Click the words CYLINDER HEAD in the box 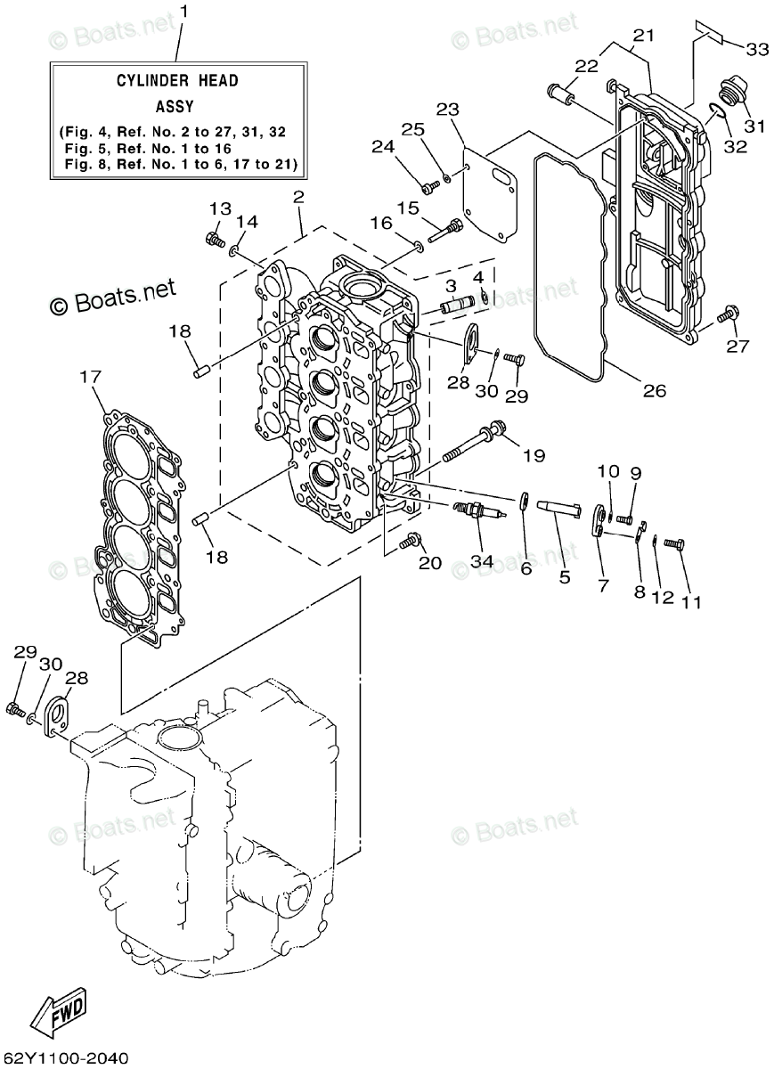pyautogui.click(x=177, y=81)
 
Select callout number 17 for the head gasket pyautogui.click(x=90, y=377)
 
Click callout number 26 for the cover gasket pyautogui.click(x=655, y=391)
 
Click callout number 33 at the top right pyautogui.click(x=756, y=49)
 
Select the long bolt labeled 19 pyautogui.click(x=475, y=440)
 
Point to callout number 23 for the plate pyautogui.click(x=448, y=110)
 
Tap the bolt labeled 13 pyautogui.click(x=216, y=238)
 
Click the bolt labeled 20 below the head pyautogui.click(x=410, y=541)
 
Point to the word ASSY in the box pyautogui.click(x=175, y=106)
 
